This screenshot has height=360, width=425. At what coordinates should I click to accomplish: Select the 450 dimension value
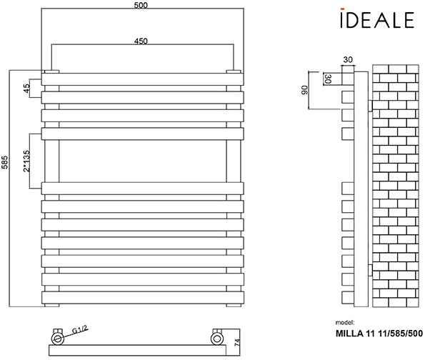coord(141,41)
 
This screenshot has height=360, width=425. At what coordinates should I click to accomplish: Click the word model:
coord(344,323)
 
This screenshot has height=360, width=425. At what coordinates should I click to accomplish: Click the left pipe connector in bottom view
coord(59,336)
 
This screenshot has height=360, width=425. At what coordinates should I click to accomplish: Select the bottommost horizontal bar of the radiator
coord(141,296)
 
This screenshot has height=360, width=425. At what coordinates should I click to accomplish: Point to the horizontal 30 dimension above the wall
coord(348,60)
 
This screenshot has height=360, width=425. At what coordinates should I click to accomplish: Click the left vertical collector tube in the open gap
coord(53,161)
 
